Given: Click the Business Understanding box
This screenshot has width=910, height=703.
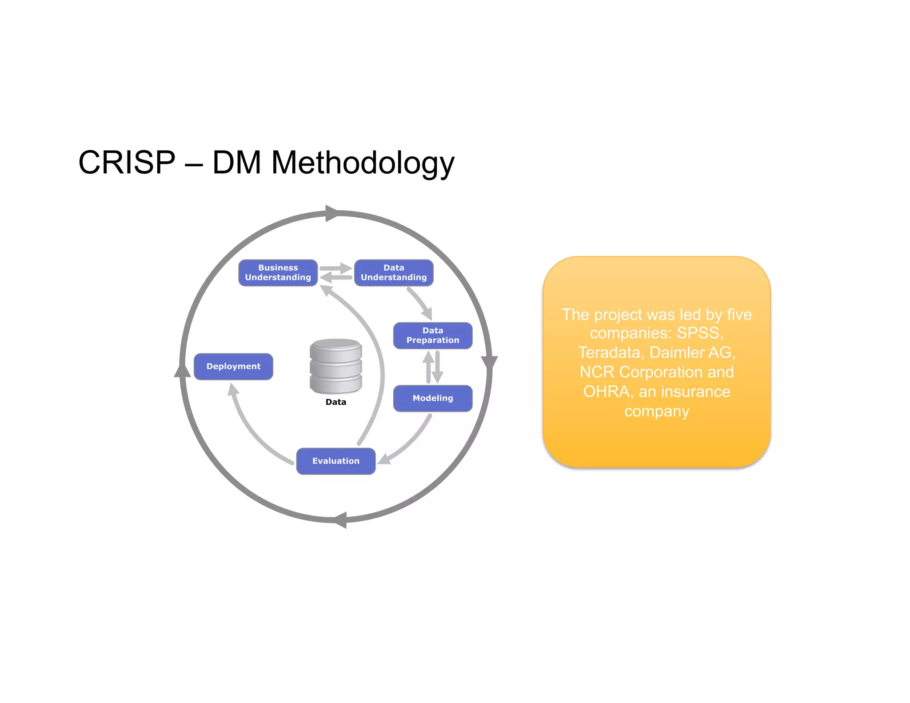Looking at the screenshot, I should (278, 273).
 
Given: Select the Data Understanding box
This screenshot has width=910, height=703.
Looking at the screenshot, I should (394, 273).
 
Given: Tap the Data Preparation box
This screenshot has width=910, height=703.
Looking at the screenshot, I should (433, 336).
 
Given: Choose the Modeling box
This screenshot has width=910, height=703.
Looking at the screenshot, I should (433, 399).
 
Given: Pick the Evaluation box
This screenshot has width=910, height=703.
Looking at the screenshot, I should (336, 461).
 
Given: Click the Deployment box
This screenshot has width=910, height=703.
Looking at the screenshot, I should (233, 367).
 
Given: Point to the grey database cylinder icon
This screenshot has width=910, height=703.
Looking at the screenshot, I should (336, 366).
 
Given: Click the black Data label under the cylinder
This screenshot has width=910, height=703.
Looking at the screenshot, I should (336, 402).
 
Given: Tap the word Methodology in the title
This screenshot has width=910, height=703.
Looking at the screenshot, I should (363, 163).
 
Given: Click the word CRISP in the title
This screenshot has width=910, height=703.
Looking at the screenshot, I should (127, 162).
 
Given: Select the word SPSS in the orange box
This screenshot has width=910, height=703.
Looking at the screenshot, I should (699, 333).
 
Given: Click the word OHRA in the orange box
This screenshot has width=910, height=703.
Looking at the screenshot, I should (607, 391).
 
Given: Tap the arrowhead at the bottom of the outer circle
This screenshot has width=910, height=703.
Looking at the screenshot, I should (340, 520).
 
